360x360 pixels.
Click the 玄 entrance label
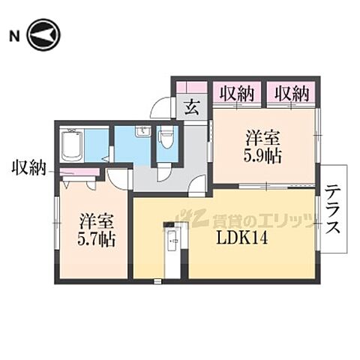(192, 106)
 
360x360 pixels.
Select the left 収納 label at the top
(235, 94)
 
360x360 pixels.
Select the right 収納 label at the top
(292, 94)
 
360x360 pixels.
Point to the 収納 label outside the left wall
(29, 168)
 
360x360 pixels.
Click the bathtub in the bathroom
(72, 145)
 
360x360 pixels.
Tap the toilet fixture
(166, 139)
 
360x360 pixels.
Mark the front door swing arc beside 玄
(162, 109)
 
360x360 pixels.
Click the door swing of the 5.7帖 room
(117, 178)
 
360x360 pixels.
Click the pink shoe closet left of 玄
(192, 86)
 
